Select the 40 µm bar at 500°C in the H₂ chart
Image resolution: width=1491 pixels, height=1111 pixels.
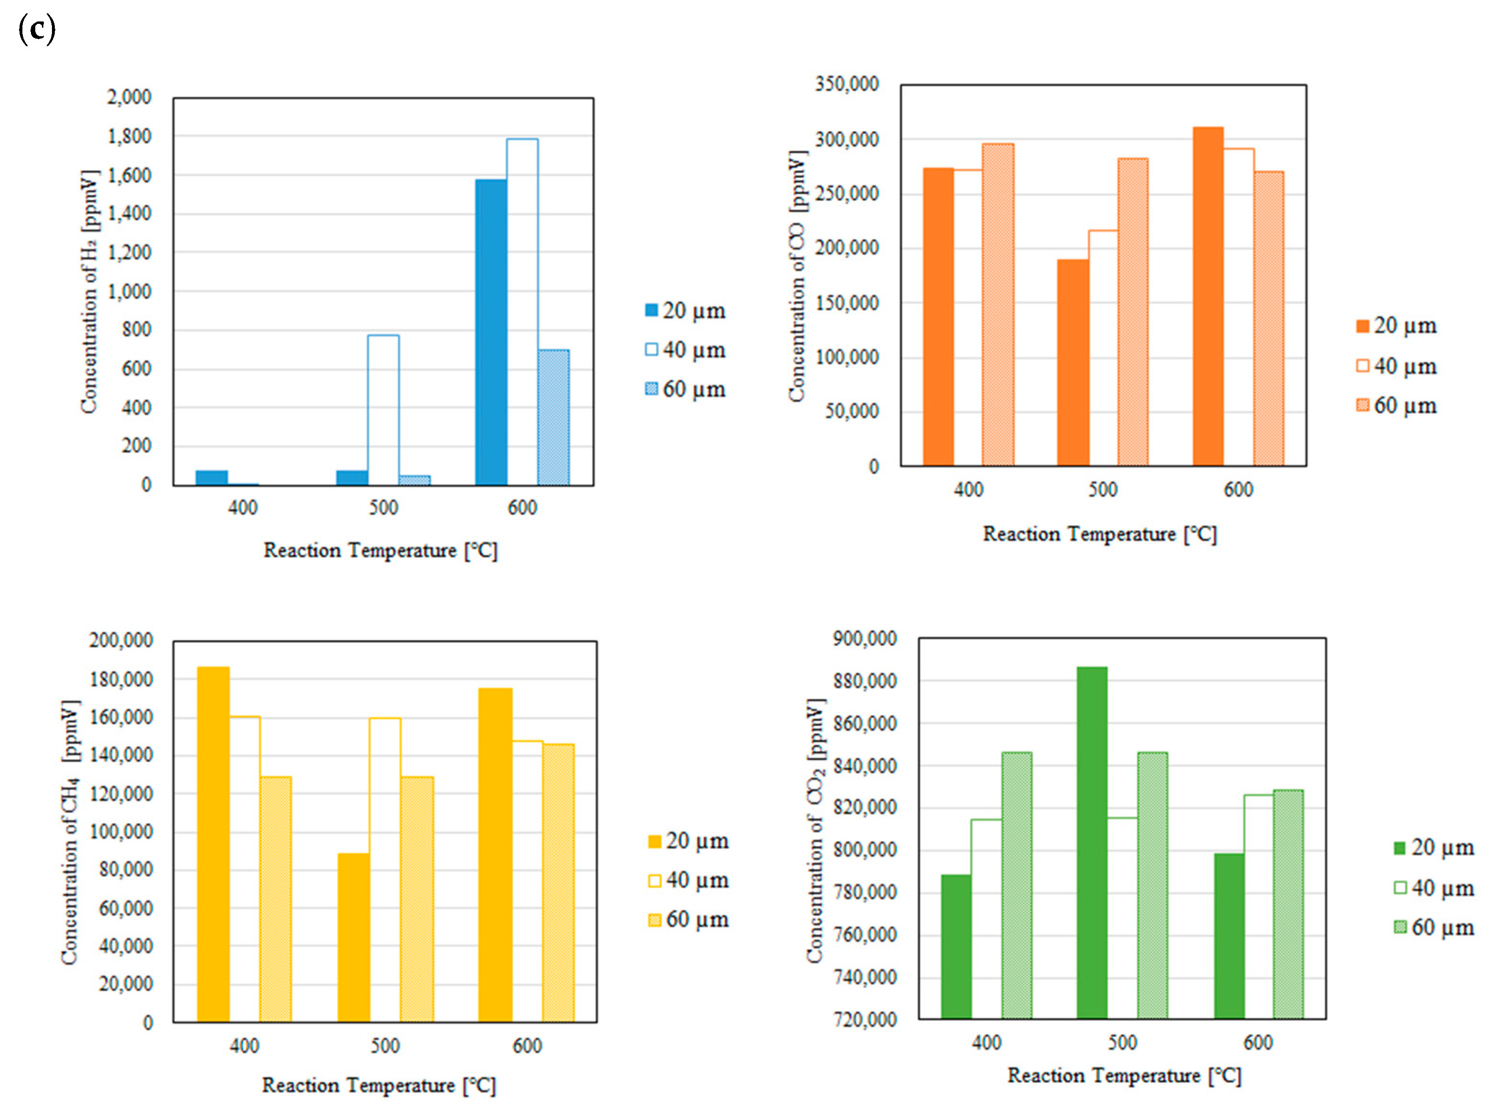pos(383,410)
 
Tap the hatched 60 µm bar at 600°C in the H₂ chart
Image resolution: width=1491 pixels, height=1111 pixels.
pos(553,417)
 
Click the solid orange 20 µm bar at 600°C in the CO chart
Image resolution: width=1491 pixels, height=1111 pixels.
pos(1207,296)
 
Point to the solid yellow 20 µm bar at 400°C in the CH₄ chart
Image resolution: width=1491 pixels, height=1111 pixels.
pos(213,844)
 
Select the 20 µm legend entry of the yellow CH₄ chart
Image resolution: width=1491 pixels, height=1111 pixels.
pos(688,841)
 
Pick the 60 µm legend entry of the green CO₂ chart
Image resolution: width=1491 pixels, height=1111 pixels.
pos(1433,927)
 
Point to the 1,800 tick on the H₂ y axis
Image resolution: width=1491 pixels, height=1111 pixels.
pos(129,136)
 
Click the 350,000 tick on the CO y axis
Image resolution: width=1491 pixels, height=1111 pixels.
pos(847,85)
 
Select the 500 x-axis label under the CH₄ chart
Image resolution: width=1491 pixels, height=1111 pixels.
pos(385,1046)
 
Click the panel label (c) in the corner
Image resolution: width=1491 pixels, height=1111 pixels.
pos(36,30)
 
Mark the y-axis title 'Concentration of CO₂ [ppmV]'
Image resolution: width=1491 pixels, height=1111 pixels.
pos(815,830)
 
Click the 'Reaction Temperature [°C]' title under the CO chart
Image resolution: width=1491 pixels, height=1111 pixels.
pos(1099,534)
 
